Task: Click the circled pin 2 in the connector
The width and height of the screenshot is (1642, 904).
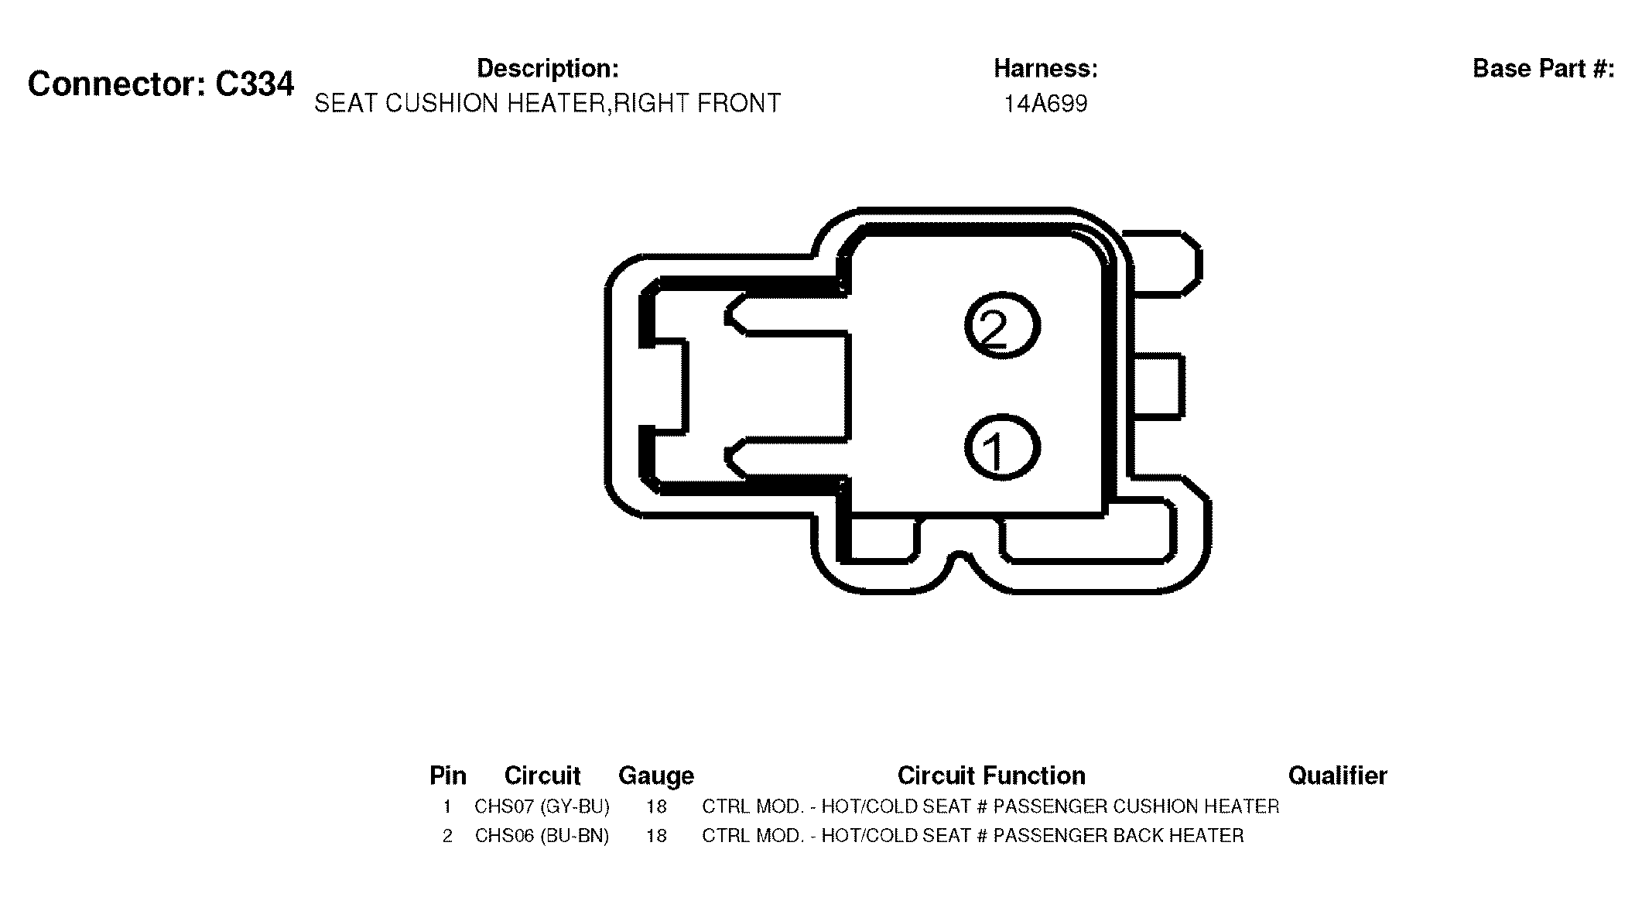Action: click(x=1002, y=326)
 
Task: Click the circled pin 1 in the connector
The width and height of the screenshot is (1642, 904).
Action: click(x=1002, y=447)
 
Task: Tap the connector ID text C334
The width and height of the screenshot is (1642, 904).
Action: click(x=255, y=84)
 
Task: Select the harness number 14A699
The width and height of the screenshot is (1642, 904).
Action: click(x=1045, y=104)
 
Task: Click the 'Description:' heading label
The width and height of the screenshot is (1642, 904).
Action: click(x=547, y=68)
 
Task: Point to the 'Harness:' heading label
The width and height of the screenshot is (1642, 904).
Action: click(x=1045, y=68)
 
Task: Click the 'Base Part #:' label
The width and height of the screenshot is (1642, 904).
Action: click(x=1543, y=68)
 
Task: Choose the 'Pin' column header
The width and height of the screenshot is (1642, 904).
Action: click(x=448, y=776)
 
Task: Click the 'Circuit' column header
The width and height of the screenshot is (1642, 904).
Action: click(x=542, y=776)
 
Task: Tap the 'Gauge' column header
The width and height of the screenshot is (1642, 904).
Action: click(x=656, y=776)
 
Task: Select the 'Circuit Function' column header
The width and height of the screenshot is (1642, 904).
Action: click(x=991, y=776)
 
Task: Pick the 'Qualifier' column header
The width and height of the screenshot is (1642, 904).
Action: click(x=1337, y=776)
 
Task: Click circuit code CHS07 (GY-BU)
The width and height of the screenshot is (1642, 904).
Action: click(x=542, y=806)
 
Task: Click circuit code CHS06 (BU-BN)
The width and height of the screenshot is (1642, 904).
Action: click(x=542, y=836)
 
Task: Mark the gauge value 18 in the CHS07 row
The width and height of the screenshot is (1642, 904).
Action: click(x=656, y=806)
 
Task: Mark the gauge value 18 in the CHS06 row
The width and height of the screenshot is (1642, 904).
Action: click(x=656, y=836)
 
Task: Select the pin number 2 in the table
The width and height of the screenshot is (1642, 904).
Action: click(x=447, y=836)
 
